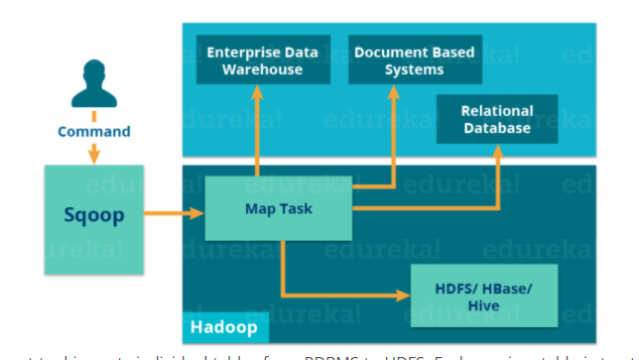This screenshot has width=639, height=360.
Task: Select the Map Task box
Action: pyautogui.click(x=279, y=208)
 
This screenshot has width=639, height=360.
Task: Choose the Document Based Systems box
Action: pyautogui.click(x=414, y=60)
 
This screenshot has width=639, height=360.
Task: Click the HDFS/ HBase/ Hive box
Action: pyautogui.click(x=483, y=297)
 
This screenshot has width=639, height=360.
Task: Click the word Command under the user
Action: pyautogui.click(x=94, y=131)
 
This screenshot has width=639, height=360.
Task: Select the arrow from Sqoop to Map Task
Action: pyautogui.click(x=175, y=211)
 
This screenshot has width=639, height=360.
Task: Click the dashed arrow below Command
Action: pyautogui.click(x=94, y=152)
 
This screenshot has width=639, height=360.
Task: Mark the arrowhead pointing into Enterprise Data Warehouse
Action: pyautogui.click(x=257, y=92)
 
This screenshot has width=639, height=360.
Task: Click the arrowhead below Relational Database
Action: pyautogui.click(x=497, y=149)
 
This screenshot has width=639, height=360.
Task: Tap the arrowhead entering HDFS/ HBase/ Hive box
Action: pyautogui.click(x=404, y=296)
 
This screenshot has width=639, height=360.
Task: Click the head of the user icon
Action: pyautogui.click(x=94, y=70)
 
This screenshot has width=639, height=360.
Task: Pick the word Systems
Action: pyautogui.click(x=414, y=70)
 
